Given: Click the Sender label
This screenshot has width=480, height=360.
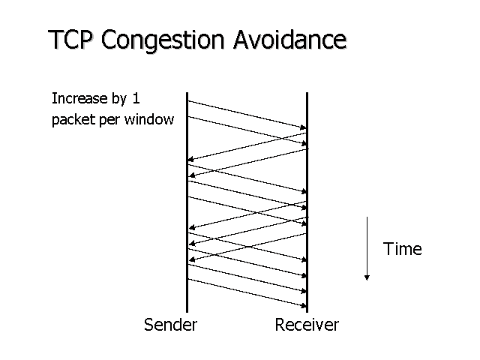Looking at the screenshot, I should [171, 325].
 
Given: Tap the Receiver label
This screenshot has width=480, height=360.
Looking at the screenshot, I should [307, 325].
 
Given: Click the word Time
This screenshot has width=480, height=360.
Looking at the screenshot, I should [403, 248].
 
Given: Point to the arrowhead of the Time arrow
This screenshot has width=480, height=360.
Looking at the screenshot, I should [367, 277].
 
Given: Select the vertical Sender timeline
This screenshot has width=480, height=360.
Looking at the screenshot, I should [187, 225].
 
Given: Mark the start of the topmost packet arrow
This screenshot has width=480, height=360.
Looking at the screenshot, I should [188, 100].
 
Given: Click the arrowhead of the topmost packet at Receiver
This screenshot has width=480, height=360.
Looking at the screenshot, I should [304, 128].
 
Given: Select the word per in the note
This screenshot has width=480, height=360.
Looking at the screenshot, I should [108, 119].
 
